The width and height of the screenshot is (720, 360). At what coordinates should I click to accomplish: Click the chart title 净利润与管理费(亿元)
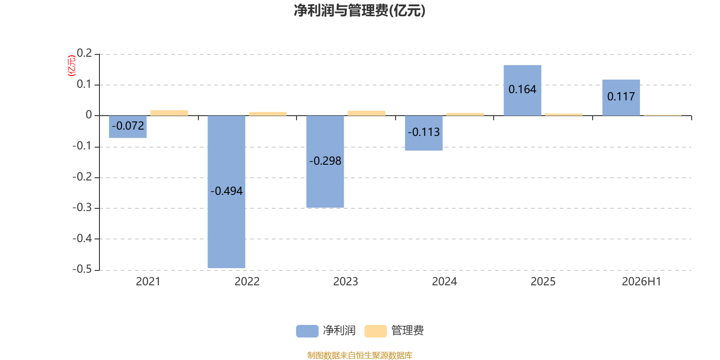[360, 11]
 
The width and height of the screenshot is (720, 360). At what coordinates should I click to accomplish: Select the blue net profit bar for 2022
[226, 192]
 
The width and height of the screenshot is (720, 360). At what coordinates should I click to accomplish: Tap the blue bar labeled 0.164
[522, 90]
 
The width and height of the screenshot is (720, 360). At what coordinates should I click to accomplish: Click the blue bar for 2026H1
[621, 97]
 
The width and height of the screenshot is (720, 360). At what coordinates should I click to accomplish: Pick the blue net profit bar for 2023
[325, 162]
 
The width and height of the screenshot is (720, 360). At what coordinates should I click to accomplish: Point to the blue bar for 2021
[128, 126]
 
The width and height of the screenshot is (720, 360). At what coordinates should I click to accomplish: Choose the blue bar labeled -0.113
[423, 133]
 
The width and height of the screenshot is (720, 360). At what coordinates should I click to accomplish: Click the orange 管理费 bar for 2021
[169, 113]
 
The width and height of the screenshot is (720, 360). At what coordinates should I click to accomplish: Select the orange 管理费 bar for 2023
[366, 113]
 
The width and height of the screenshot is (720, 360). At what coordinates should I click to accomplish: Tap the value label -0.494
[226, 191]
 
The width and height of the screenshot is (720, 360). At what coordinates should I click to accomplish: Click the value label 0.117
[621, 96]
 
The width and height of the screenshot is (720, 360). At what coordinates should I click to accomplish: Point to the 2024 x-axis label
[444, 282]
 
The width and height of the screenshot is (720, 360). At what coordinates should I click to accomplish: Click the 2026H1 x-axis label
[642, 282]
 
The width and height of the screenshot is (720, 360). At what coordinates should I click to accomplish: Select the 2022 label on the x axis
[247, 282]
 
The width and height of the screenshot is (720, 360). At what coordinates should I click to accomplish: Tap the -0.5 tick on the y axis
[82, 269]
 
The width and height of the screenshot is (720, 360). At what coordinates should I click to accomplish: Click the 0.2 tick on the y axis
[84, 53]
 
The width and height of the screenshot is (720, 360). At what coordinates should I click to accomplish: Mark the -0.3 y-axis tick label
[82, 207]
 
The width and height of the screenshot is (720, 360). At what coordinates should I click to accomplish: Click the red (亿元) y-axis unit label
[72, 66]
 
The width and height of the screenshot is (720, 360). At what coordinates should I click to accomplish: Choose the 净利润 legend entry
[326, 331]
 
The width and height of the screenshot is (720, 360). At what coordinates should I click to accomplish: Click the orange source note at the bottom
[360, 355]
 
